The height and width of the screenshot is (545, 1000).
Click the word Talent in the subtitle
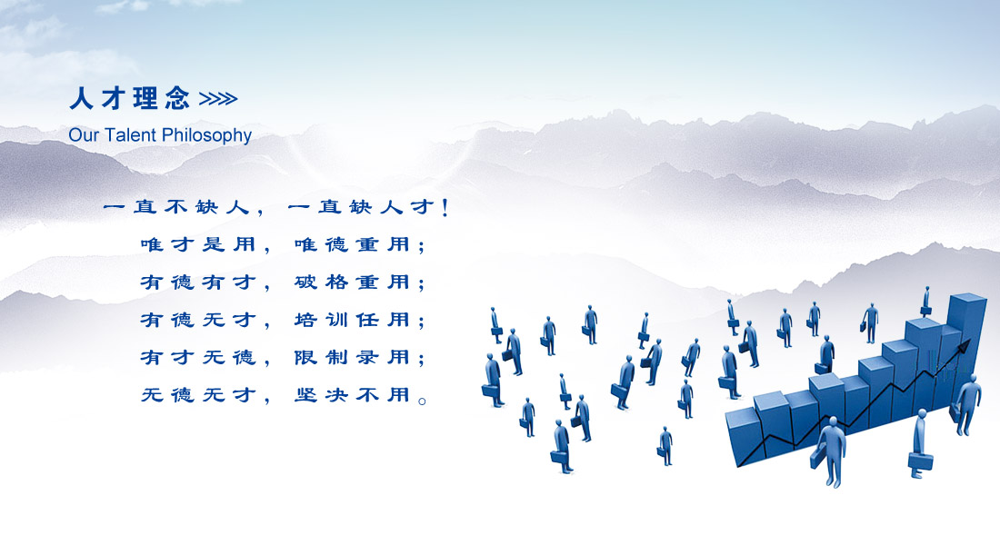131,135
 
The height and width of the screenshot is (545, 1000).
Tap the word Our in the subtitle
84,135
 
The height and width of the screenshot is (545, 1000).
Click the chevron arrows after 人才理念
218,99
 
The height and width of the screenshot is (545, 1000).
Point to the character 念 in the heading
177,99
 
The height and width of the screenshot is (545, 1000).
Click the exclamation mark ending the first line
445,207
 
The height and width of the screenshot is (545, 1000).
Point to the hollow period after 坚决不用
422,401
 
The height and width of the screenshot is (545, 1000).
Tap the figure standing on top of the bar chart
925,302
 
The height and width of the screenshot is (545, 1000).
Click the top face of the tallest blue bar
967,299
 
